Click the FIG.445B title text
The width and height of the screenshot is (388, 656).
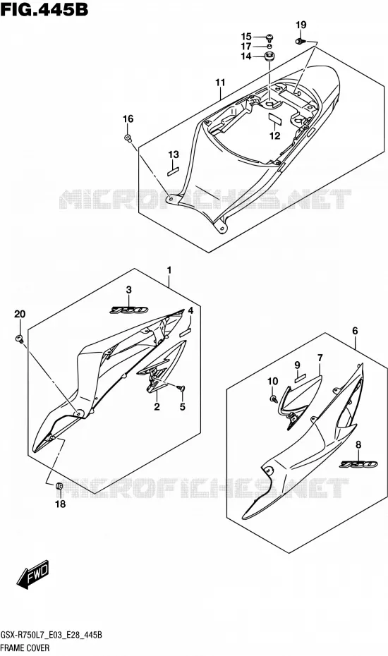pos(44,10)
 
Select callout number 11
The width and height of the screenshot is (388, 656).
pos(220,83)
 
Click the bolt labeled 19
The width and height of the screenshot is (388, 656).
pos(299,41)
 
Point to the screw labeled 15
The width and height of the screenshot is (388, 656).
pos(269,37)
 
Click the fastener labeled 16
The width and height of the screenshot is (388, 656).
pos(127,138)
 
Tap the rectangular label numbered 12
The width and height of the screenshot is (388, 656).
pos(274,118)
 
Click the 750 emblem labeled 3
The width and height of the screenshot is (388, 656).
pos(129,310)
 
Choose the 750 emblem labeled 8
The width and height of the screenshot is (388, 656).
pos(358,464)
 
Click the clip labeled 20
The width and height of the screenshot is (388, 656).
pos(19,339)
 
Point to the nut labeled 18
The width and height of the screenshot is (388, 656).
pos(59,486)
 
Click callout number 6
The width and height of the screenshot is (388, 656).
pos(355,331)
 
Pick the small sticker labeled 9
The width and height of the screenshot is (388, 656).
pos(299,379)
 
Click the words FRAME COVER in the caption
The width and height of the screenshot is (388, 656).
pos(25,648)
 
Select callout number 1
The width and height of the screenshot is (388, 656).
pos(169,271)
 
